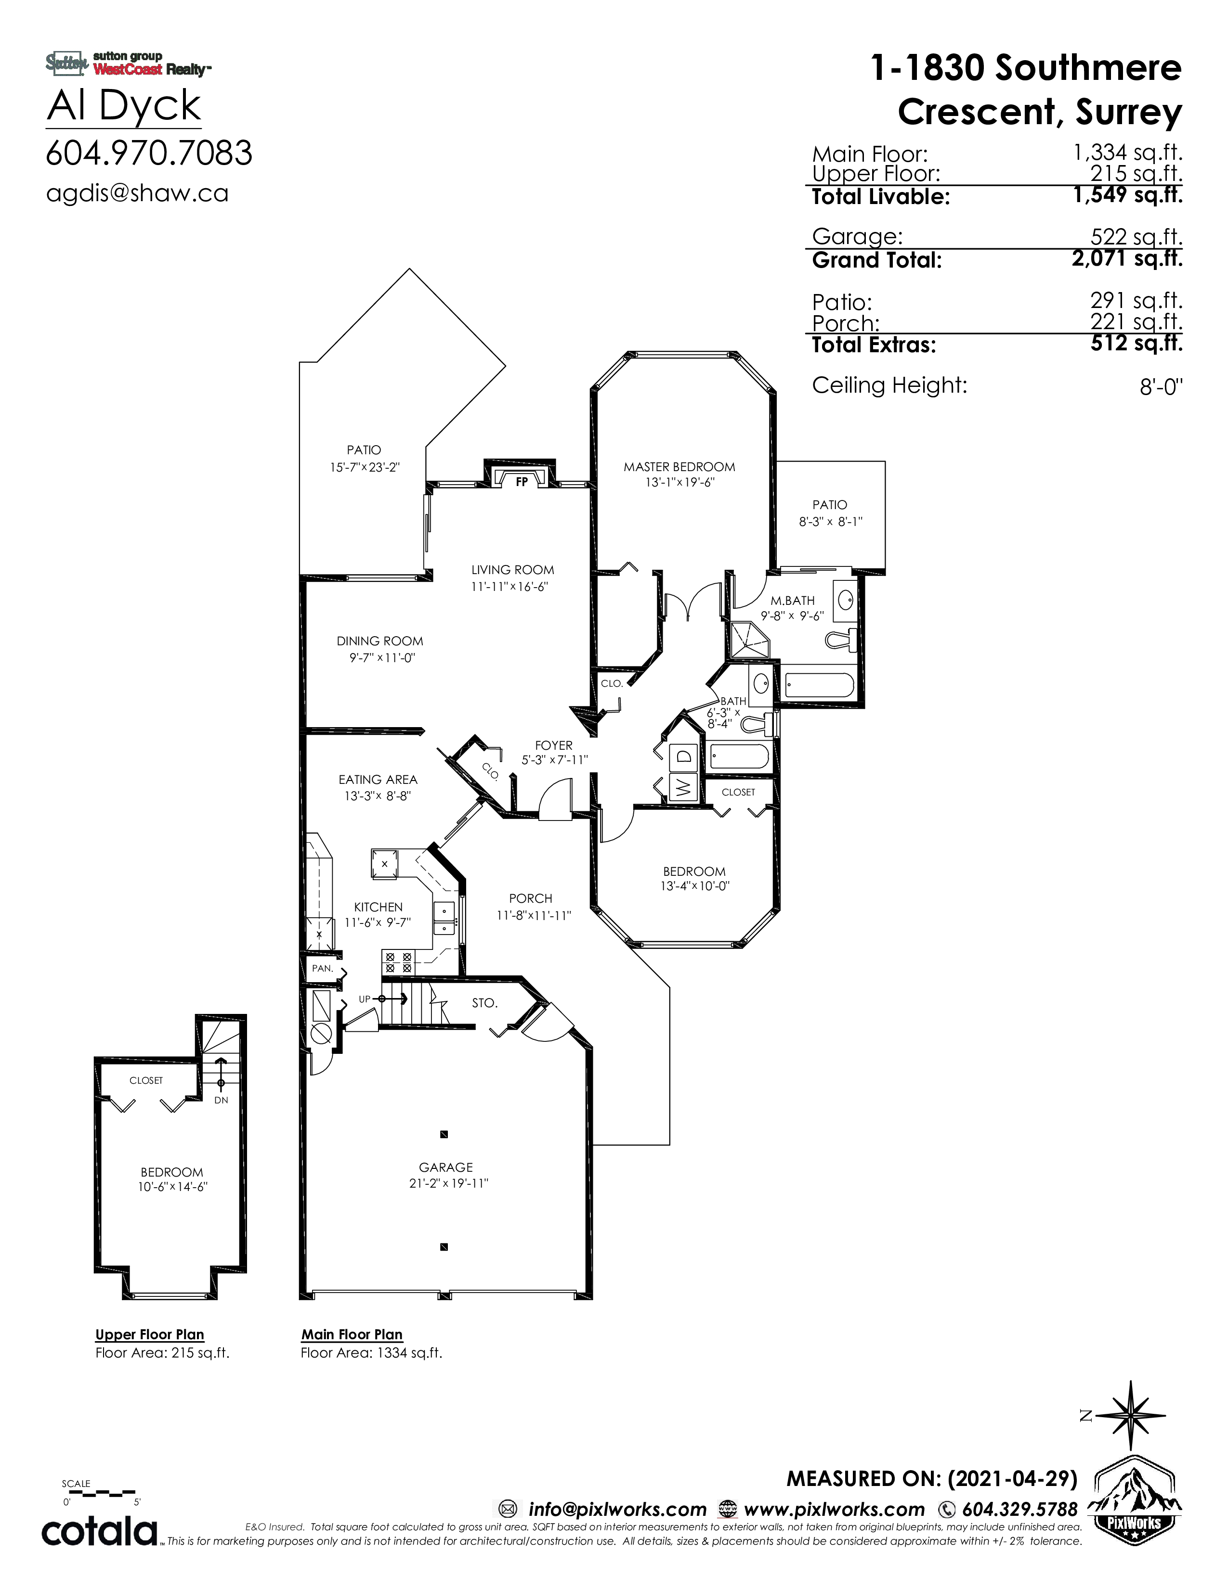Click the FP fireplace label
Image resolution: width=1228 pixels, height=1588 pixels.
click(x=522, y=481)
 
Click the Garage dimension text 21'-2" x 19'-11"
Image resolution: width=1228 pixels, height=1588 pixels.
click(x=448, y=1183)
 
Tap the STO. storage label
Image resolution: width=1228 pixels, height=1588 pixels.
click(x=484, y=1003)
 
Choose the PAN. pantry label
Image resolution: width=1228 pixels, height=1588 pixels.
click(x=322, y=969)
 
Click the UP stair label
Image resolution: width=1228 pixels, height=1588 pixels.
click(x=365, y=999)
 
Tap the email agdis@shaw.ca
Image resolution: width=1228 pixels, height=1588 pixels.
click(x=138, y=193)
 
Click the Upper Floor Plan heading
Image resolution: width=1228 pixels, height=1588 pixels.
click(x=150, y=1334)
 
